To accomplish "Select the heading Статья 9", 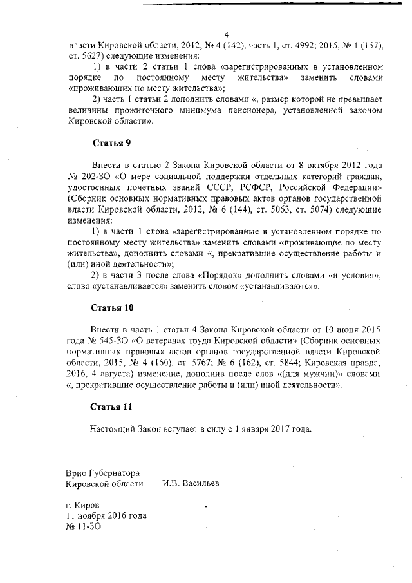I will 113,143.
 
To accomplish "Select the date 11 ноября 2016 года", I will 106,515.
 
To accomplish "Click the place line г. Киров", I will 82,505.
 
